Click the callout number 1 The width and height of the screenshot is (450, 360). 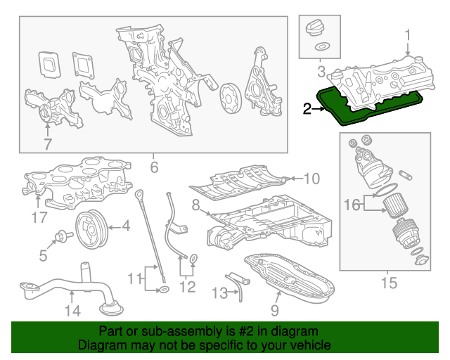click(407, 34)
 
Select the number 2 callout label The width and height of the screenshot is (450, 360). click(307, 108)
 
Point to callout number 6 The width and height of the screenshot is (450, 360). click(154, 167)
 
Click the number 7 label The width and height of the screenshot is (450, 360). click(47, 145)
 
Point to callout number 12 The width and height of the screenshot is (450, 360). click(186, 286)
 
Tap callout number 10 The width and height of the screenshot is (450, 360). click(311, 178)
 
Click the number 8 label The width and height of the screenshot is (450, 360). click(195, 205)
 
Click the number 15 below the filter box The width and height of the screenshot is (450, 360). click(388, 283)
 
